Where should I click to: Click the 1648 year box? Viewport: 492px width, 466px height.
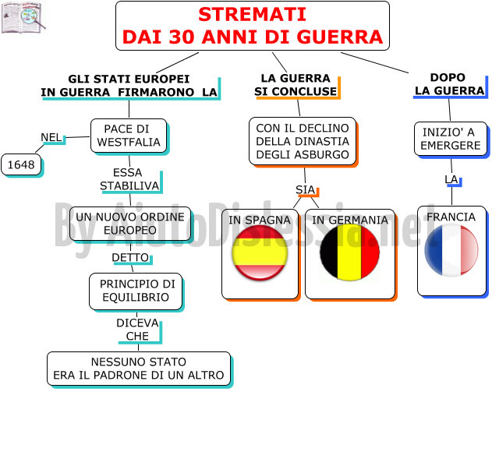click(21, 164)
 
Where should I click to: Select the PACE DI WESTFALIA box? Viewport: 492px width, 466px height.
click(129, 136)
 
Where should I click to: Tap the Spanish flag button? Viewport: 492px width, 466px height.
click(260, 252)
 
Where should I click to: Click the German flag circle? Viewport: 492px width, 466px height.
click(349, 252)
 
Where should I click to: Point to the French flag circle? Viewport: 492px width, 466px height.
click(451, 250)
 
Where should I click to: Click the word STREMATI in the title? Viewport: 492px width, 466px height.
click(253, 15)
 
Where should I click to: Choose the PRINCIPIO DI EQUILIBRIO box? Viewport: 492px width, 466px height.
click(136, 291)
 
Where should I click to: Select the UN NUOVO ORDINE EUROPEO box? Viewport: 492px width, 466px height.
click(130, 224)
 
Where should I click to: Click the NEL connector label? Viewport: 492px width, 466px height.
click(51, 137)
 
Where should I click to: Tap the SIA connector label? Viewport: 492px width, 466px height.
click(305, 189)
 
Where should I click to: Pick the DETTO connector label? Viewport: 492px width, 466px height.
click(130, 257)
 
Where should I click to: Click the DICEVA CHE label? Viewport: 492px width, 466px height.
click(137, 330)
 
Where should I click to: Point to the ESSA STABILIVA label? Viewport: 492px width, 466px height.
click(129, 179)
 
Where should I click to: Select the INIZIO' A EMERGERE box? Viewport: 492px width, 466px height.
click(451, 139)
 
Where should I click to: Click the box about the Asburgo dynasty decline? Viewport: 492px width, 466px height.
click(303, 141)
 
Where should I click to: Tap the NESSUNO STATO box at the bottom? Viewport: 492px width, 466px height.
click(139, 369)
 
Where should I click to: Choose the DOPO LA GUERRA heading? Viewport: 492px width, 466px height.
click(449, 84)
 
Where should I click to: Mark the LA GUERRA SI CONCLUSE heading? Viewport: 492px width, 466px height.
click(296, 85)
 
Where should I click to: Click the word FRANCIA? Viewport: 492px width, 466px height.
click(451, 217)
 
